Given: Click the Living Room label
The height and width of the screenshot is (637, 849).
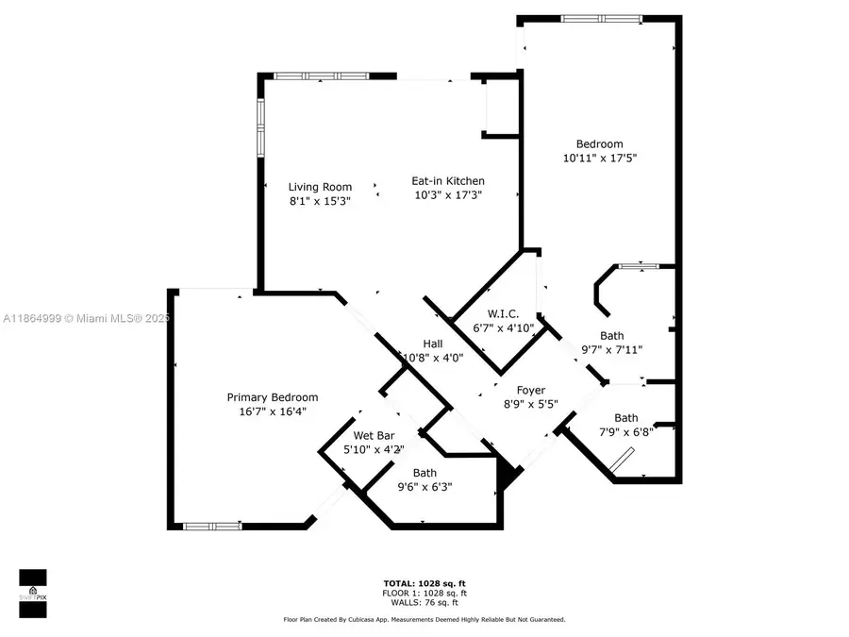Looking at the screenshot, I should (x=320, y=187).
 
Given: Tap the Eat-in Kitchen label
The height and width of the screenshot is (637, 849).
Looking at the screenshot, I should (x=448, y=181).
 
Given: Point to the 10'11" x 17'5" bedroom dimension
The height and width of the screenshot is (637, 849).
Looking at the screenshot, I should (x=600, y=159).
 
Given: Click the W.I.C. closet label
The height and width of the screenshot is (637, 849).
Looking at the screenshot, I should (x=504, y=314).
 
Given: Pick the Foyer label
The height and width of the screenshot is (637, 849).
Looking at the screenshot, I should (x=530, y=390).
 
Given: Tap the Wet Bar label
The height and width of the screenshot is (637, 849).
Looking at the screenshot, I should (x=374, y=436).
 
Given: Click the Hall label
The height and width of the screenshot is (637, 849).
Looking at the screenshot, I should (x=433, y=344).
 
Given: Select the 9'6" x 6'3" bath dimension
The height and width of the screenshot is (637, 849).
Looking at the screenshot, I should (x=424, y=487).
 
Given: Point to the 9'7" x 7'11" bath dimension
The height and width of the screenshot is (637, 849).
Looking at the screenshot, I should (x=611, y=349).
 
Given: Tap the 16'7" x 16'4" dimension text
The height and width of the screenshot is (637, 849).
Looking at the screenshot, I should (x=272, y=411).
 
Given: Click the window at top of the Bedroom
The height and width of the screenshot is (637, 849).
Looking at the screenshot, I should (x=602, y=18).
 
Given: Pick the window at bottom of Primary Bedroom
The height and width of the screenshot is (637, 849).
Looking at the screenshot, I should (x=211, y=527).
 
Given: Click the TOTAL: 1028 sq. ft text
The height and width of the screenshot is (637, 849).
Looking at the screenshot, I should (x=424, y=584).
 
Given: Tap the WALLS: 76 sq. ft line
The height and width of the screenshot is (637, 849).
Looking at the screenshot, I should (x=424, y=602).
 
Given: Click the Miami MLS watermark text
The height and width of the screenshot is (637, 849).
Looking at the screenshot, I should (x=86, y=319).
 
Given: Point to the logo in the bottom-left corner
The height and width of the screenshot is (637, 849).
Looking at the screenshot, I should (x=33, y=592).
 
